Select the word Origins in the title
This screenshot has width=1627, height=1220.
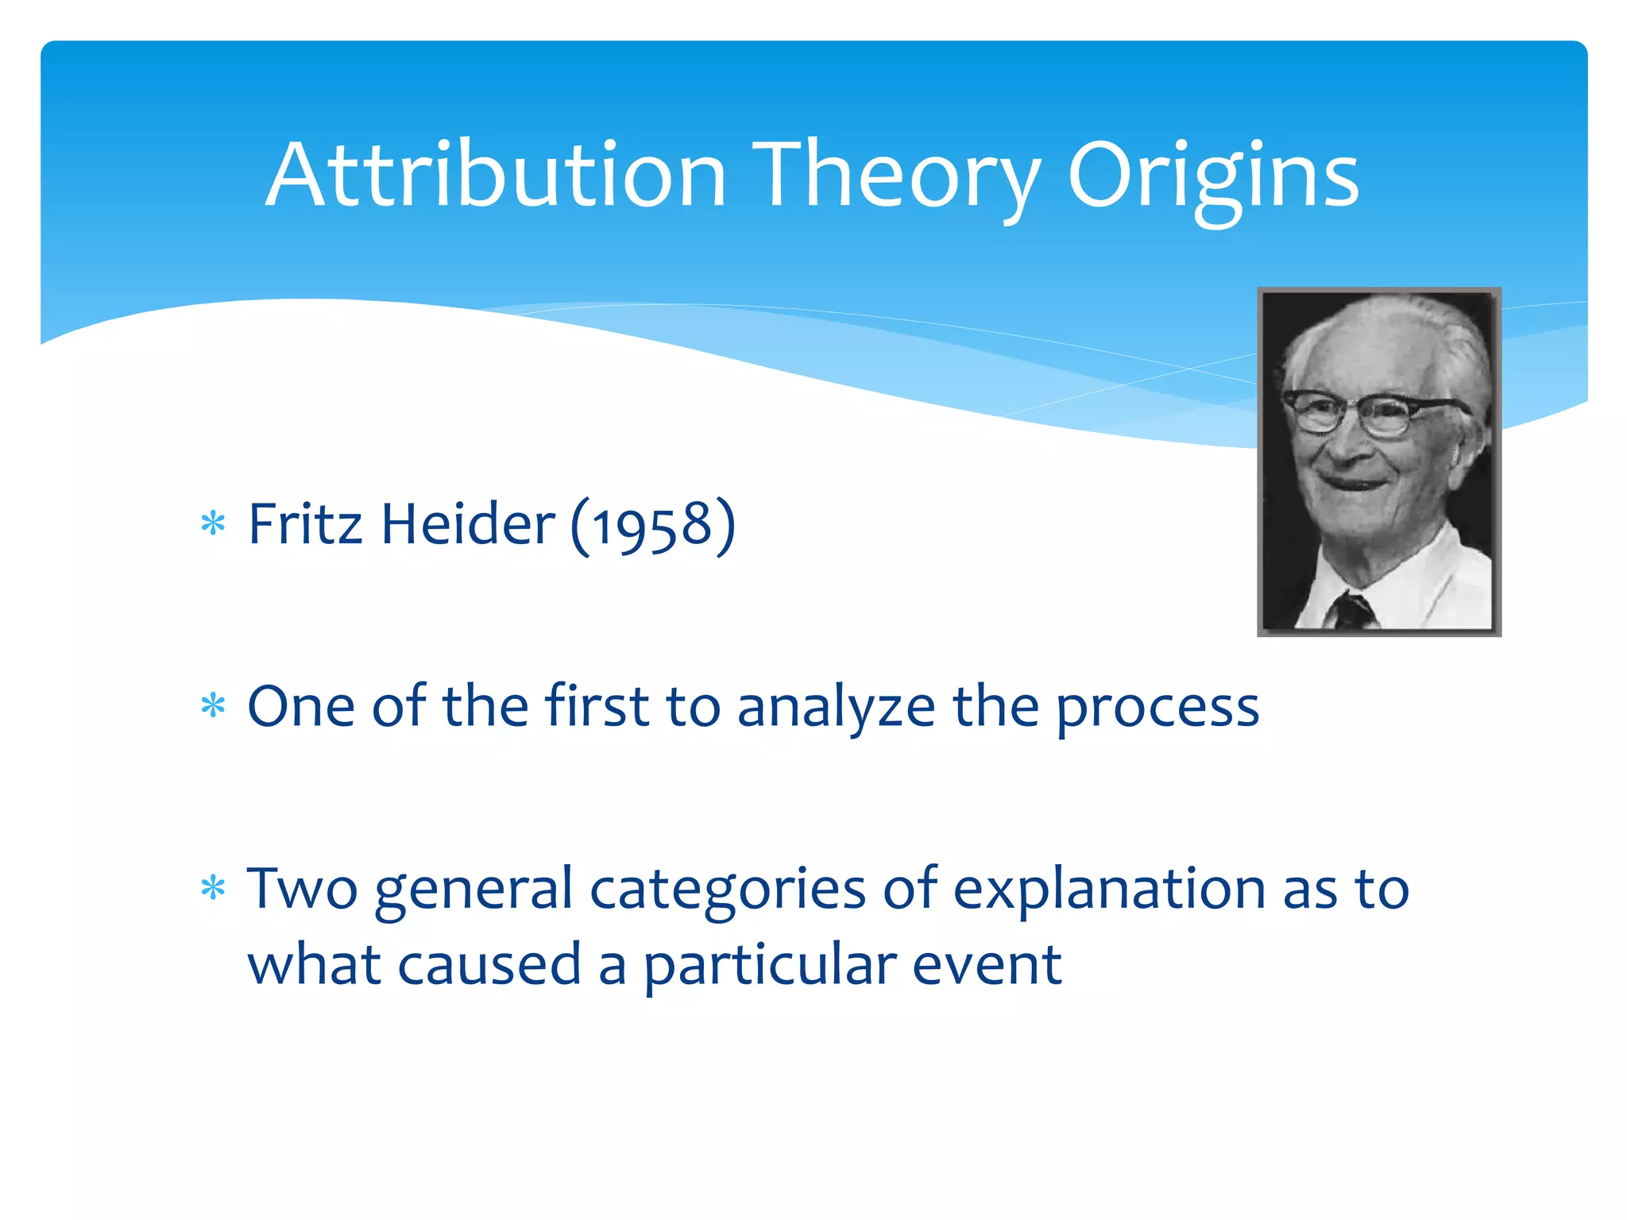1212,176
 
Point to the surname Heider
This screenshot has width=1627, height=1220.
468,524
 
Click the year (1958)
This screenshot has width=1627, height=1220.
653,526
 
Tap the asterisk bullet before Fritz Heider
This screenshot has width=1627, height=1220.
213,524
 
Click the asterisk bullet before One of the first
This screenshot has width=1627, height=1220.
213,705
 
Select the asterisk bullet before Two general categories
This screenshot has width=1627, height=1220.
213,887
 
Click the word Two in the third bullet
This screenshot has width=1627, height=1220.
302,888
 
